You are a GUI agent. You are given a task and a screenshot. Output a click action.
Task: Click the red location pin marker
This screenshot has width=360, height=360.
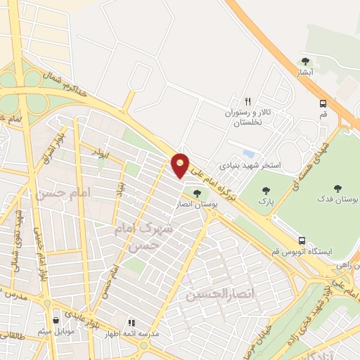181,165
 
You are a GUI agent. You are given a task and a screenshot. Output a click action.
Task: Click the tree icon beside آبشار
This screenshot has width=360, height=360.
304,61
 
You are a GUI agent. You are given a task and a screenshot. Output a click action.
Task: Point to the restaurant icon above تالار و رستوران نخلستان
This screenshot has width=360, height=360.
247,101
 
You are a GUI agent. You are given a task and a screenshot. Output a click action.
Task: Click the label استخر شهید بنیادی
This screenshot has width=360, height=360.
251,166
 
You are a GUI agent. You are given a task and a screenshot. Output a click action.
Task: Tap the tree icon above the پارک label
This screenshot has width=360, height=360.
266,190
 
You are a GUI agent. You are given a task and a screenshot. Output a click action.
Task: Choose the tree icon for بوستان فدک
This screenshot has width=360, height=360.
337,188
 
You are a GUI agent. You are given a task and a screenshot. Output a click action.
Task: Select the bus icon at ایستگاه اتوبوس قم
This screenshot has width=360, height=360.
302,240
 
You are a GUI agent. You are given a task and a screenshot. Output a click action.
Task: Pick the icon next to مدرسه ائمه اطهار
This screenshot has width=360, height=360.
131,323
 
